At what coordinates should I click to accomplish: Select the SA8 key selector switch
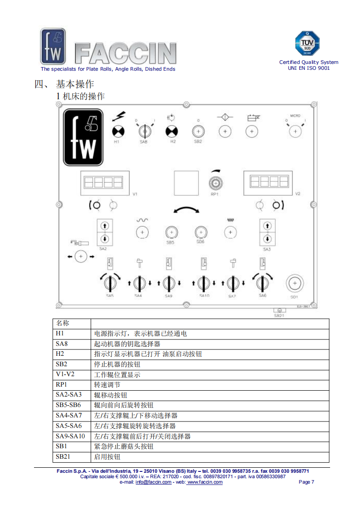(145, 131)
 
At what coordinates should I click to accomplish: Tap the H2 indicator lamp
(172, 131)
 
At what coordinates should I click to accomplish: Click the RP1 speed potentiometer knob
(214, 183)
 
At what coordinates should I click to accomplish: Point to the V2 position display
(267, 182)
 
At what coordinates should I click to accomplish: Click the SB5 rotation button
(171, 232)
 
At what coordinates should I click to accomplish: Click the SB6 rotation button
(201, 232)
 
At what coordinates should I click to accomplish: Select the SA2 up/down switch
(105, 232)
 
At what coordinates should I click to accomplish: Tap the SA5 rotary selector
(110, 283)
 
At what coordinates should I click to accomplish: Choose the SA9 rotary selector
(168, 283)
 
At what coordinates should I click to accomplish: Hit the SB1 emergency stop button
(294, 284)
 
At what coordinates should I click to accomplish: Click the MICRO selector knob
(295, 131)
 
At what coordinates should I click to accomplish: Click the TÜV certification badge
(308, 44)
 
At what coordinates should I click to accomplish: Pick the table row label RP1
(61, 384)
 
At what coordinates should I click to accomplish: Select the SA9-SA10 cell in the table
(70, 436)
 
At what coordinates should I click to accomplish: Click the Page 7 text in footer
(306, 482)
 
